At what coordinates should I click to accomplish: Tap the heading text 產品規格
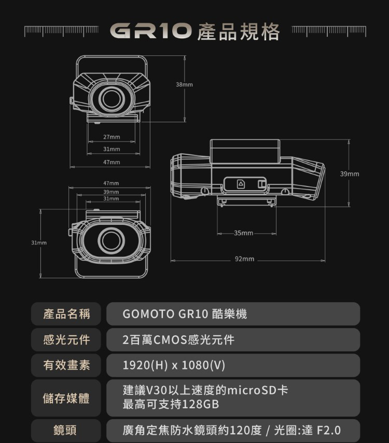(238, 31)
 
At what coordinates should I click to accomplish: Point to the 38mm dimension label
(184, 84)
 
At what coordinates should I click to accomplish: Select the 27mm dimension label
(112, 137)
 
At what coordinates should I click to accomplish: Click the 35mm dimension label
(243, 233)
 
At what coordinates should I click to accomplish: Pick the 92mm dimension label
(244, 258)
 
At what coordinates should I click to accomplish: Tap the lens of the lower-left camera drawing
(110, 239)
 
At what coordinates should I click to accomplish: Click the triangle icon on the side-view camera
(240, 184)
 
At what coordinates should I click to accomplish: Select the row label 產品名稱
(66, 314)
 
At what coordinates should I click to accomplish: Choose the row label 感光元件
(66, 340)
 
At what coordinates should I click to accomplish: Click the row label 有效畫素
(66, 366)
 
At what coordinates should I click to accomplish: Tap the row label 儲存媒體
(66, 398)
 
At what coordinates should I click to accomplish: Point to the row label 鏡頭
(66, 431)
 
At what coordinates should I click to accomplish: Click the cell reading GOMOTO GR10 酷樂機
(185, 314)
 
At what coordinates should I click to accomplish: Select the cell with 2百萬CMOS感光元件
(178, 340)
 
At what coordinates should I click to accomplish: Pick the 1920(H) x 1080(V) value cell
(174, 366)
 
